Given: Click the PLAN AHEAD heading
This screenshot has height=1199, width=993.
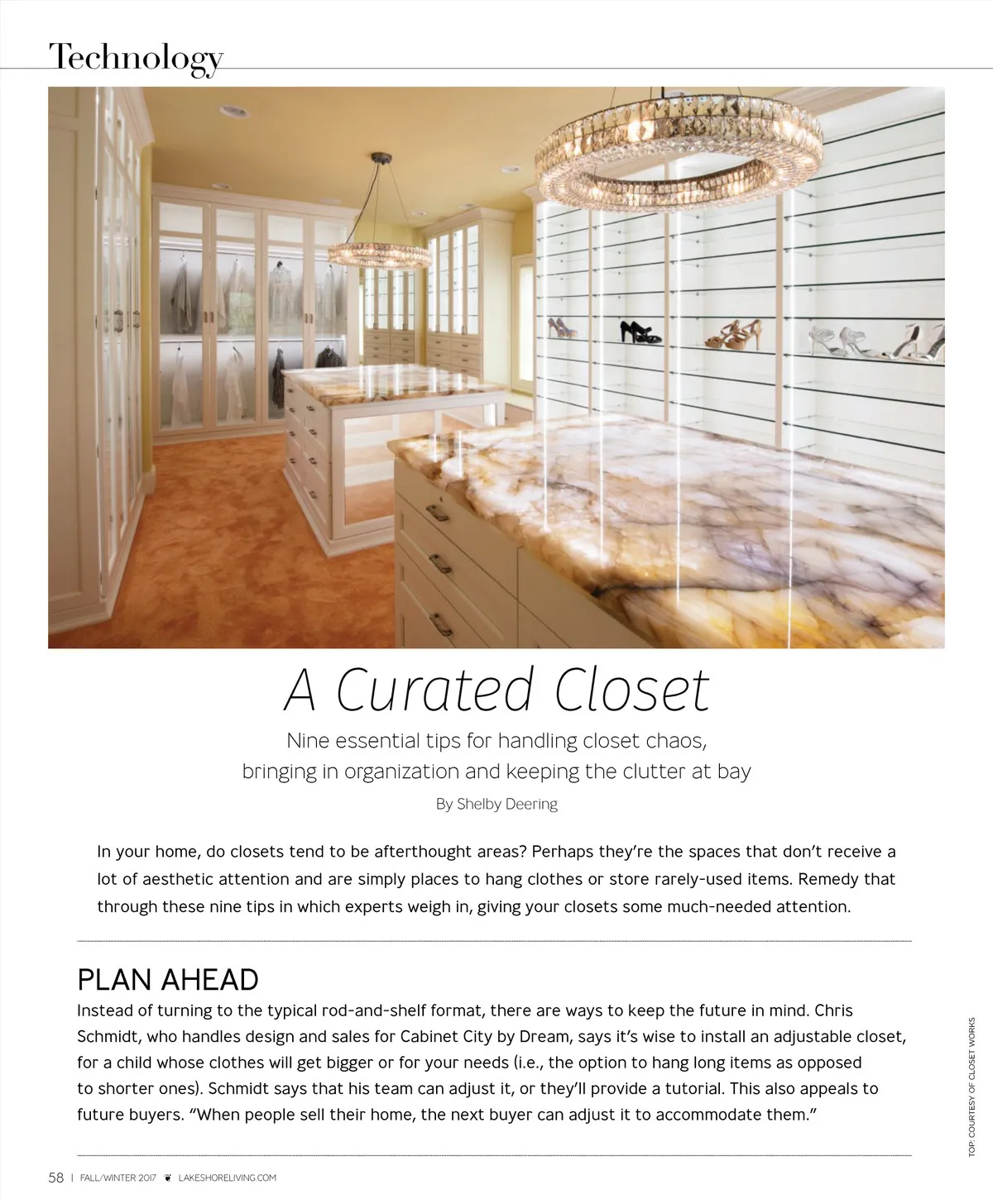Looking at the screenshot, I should (x=168, y=980).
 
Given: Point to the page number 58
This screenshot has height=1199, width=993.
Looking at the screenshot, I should (x=56, y=1178).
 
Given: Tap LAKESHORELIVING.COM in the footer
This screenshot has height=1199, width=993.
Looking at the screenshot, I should (x=228, y=1178).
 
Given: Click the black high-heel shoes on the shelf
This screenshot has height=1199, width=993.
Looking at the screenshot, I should (x=640, y=332).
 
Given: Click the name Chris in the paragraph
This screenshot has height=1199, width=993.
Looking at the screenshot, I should (x=833, y=1010).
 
